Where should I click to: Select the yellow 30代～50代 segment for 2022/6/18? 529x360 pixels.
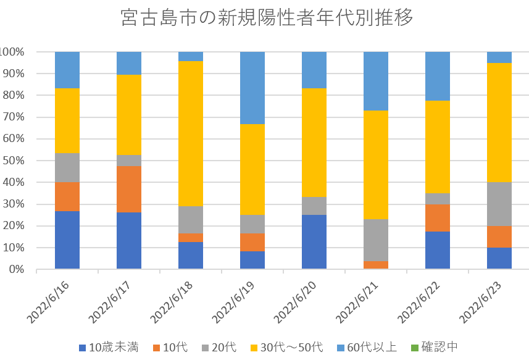(191, 133)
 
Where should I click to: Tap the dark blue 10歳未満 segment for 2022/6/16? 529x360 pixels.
(67, 240)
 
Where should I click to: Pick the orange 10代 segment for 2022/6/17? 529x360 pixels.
(129, 189)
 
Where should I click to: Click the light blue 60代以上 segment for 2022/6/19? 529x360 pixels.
(252, 88)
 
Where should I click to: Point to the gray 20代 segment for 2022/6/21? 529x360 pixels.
(376, 240)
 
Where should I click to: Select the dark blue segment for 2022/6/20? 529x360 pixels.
(314, 242)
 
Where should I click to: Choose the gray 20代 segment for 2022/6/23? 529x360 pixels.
(499, 204)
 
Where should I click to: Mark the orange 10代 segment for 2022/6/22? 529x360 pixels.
(438, 218)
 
